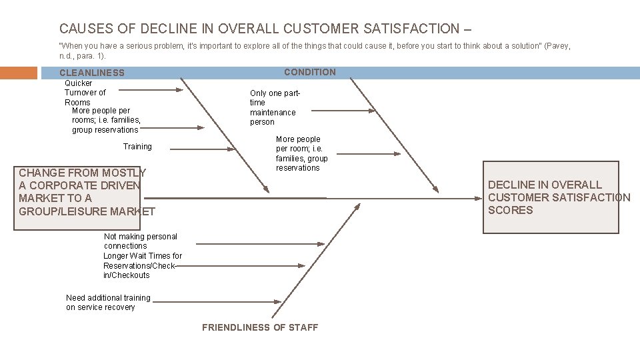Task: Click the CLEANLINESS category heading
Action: tap(92, 73)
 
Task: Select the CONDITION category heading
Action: tap(310, 72)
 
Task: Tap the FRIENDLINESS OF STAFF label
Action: tap(260, 327)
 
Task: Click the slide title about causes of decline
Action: tap(265, 29)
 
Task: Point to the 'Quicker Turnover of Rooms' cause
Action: tap(85, 93)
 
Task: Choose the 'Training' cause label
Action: tap(137, 147)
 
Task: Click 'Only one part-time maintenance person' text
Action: tap(275, 108)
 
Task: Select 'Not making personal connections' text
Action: tap(141, 241)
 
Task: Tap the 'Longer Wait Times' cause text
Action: tap(142, 265)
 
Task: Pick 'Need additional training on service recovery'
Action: tap(108, 303)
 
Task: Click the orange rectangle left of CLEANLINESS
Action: tap(19, 72)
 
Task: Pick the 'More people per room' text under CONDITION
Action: tap(301, 154)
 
